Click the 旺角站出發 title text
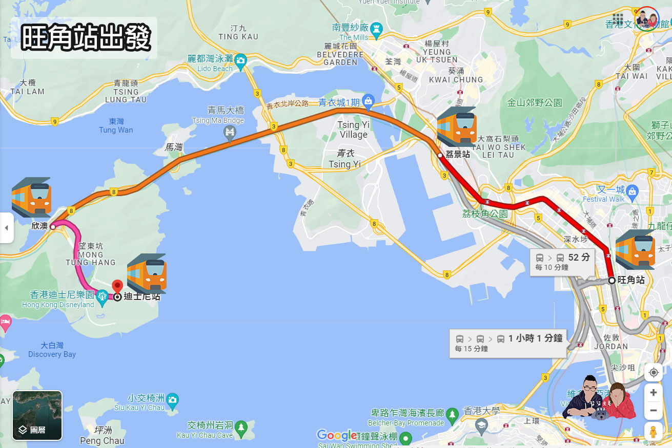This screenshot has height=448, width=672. click(x=86, y=37)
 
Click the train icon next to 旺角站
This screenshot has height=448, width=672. click(x=635, y=249)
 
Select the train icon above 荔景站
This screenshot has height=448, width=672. click(x=457, y=127)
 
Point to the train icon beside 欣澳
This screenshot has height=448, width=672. click(x=32, y=197)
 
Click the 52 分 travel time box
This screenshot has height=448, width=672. click(x=562, y=262)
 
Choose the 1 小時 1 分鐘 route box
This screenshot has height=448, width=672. click(x=508, y=343)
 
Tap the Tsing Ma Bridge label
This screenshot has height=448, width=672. click(x=226, y=115)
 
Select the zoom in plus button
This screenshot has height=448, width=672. click(x=653, y=393)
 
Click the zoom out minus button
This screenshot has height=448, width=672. click(x=653, y=410)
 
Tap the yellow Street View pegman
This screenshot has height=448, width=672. click(x=653, y=432)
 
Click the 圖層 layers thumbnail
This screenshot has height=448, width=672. click(x=37, y=415)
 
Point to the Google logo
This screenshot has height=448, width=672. click(x=336, y=435)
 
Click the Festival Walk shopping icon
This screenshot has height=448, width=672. click(x=632, y=191)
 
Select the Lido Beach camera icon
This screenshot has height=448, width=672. click(x=241, y=60)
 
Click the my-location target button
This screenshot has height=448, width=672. click(x=653, y=372)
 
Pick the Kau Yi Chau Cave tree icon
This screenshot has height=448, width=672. click(x=243, y=426)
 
